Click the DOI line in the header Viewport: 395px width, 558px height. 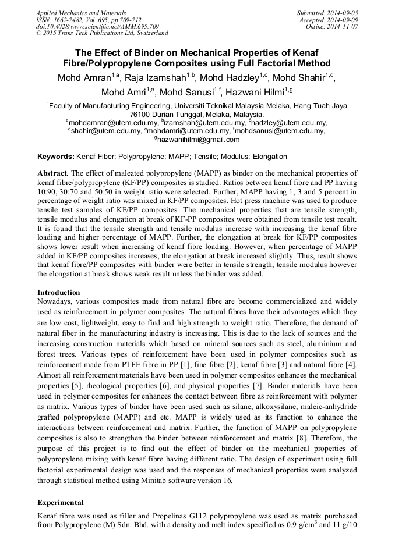tap(97, 26)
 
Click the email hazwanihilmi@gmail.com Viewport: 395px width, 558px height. tap(199, 140)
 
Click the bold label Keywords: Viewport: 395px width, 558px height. tap(56, 157)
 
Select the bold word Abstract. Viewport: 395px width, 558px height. tap(53, 173)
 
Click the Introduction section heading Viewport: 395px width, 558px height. tap(59, 292)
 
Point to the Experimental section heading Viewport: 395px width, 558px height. tap(61, 502)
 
